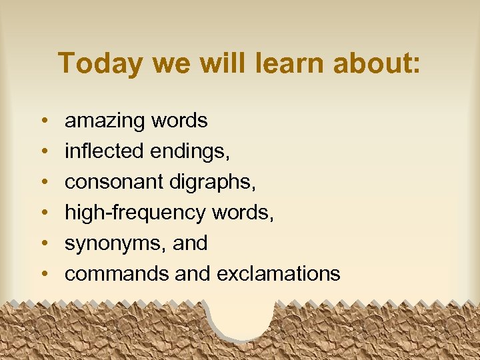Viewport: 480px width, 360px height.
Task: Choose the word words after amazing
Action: (179, 121)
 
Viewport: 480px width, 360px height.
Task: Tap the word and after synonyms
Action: (190, 243)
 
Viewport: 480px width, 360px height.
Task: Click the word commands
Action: (117, 273)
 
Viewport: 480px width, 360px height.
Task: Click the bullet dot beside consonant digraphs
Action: (43, 183)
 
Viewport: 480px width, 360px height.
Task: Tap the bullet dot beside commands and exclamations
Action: (43, 275)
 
